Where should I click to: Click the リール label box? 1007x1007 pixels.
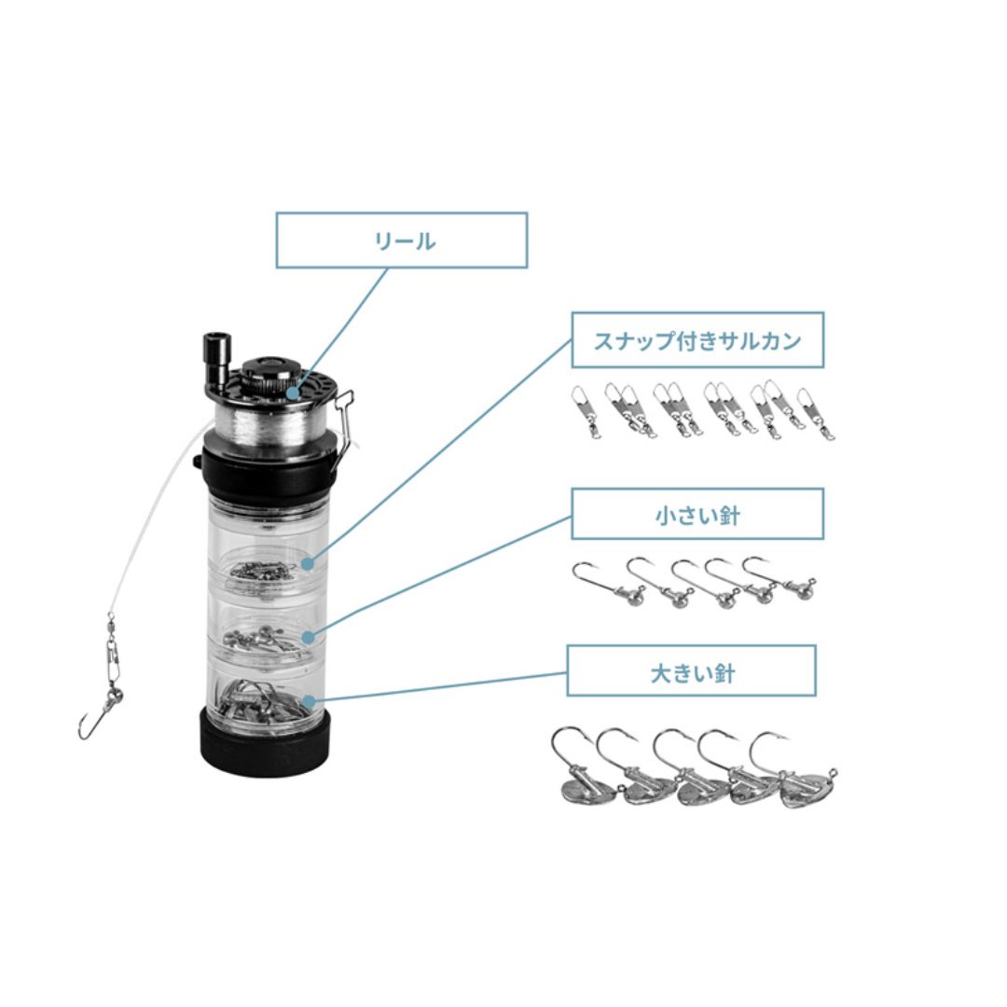(x=401, y=241)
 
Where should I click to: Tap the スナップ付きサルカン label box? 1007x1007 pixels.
(x=697, y=340)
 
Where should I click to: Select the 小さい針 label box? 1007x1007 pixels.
(x=697, y=514)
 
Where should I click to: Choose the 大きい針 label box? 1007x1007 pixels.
(x=692, y=671)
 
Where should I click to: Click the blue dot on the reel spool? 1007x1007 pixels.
(x=292, y=393)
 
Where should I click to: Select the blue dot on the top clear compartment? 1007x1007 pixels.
(x=308, y=563)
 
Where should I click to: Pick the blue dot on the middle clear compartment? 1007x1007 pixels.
(x=309, y=637)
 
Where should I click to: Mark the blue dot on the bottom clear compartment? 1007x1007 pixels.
(x=309, y=701)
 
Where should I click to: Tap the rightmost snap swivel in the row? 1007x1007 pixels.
(x=816, y=414)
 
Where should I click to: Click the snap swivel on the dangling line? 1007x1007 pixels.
(x=113, y=649)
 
